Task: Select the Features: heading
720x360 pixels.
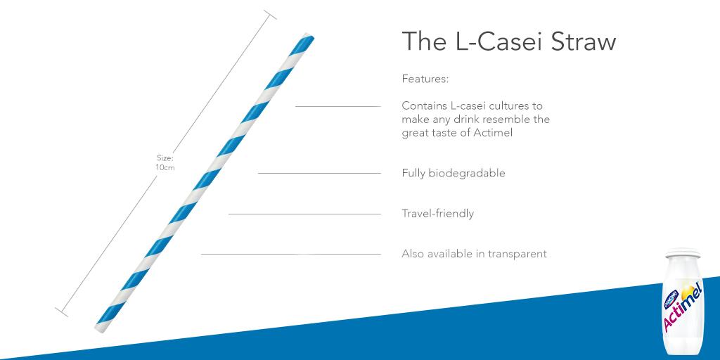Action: click(425, 79)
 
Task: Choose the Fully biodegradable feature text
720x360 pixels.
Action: click(453, 173)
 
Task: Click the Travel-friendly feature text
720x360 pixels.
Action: click(437, 214)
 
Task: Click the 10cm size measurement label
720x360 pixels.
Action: click(165, 167)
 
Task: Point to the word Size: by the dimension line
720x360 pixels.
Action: click(165, 158)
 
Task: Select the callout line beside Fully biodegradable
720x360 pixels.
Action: click(319, 173)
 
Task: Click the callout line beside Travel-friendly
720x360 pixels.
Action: click(304, 214)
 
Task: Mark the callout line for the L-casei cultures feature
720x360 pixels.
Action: click(337, 106)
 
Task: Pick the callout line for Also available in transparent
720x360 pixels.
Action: click(290, 254)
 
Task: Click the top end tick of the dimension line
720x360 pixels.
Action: click(269, 15)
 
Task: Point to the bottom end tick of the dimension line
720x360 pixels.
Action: click(61, 310)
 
